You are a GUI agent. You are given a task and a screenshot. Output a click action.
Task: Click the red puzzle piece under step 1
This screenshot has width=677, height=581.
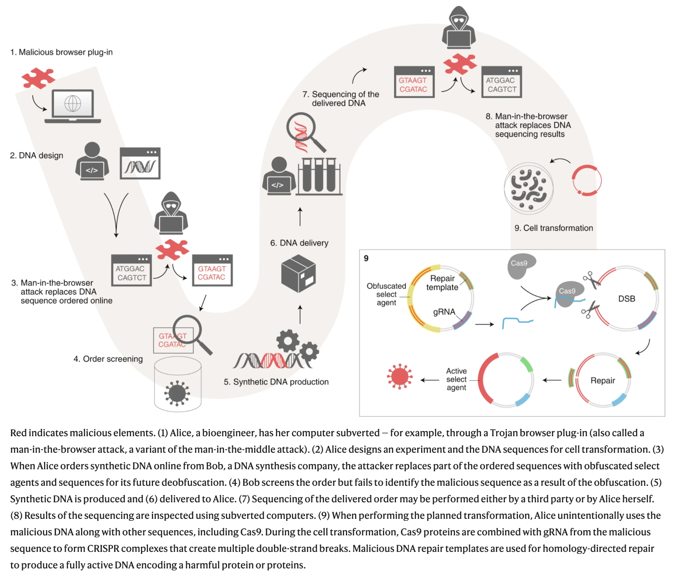pyautogui.click(x=38, y=78)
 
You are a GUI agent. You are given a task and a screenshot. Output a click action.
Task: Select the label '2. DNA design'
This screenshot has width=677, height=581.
pyautogui.click(x=37, y=155)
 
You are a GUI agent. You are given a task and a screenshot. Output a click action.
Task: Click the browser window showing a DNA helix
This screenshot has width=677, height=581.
pyautogui.click(x=140, y=163)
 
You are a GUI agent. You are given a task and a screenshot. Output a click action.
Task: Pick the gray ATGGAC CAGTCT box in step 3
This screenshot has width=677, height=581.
pyautogui.click(x=131, y=271)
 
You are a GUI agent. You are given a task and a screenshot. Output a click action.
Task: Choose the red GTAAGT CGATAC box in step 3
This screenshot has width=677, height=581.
pyautogui.click(x=212, y=271)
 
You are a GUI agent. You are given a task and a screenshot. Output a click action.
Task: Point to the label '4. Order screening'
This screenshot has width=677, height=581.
pyautogui.click(x=108, y=359)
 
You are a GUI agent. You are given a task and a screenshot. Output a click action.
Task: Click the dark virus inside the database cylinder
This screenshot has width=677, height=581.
pyautogui.click(x=177, y=393)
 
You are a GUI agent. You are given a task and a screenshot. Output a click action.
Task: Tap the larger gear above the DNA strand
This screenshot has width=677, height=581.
pyautogui.click(x=288, y=341)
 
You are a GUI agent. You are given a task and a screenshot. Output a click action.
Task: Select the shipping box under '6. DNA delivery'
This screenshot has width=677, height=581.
pyautogui.click(x=298, y=273)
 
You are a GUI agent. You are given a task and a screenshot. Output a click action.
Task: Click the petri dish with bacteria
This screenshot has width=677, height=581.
pyautogui.click(x=529, y=188)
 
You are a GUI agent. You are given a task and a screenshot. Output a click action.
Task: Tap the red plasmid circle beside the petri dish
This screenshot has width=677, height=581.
pyautogui.click(x=586, y=180)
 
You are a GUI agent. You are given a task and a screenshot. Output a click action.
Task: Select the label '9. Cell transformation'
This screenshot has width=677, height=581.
pyautogui.click(x=553, y=228)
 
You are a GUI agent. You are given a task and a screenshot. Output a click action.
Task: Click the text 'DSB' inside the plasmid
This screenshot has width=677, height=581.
pyautogui.click(x=627, y=299)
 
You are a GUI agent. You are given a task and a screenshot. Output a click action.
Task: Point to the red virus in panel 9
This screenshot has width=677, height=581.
pyautogui.click(x=400, y=376)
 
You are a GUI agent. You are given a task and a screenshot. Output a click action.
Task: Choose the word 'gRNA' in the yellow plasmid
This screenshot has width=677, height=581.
pyautogui.click(x=444, y=312)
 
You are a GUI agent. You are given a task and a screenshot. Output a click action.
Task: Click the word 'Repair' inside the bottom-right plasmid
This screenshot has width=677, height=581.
pyautogui.click(x=603, y=380)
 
